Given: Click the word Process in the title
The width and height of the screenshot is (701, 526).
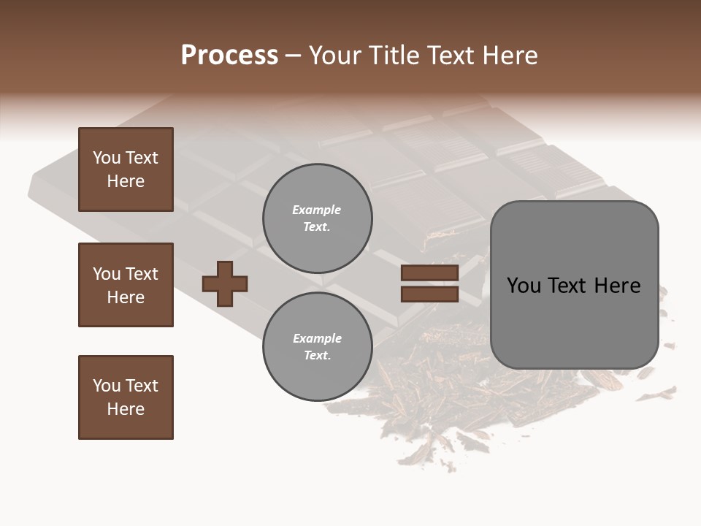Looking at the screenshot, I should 229,56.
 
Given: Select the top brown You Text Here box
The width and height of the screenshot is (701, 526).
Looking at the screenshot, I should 126,169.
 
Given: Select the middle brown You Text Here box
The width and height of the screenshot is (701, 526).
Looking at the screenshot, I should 126,285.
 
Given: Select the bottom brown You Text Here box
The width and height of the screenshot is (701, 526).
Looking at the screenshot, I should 126,397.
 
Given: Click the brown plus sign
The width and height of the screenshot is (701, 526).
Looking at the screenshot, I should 225,283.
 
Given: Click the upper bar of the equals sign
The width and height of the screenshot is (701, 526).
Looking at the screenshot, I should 429,273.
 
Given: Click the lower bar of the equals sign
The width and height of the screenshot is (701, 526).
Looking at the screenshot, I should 429,294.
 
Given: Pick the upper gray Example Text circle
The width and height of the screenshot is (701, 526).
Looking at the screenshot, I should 318,218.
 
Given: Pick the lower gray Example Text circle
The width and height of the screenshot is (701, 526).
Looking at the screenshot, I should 318,347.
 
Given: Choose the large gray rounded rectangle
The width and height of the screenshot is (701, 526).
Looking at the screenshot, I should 574,285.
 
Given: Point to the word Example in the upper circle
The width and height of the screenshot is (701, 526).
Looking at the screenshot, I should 317,210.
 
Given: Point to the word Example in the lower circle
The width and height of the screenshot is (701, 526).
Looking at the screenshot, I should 317,338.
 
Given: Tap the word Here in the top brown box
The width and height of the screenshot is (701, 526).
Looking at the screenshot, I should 126,181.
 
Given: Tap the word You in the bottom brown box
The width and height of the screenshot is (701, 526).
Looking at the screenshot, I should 107,386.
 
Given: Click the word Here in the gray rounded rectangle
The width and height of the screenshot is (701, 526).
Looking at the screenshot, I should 617,286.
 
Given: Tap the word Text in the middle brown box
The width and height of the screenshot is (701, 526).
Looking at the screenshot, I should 142,274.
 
